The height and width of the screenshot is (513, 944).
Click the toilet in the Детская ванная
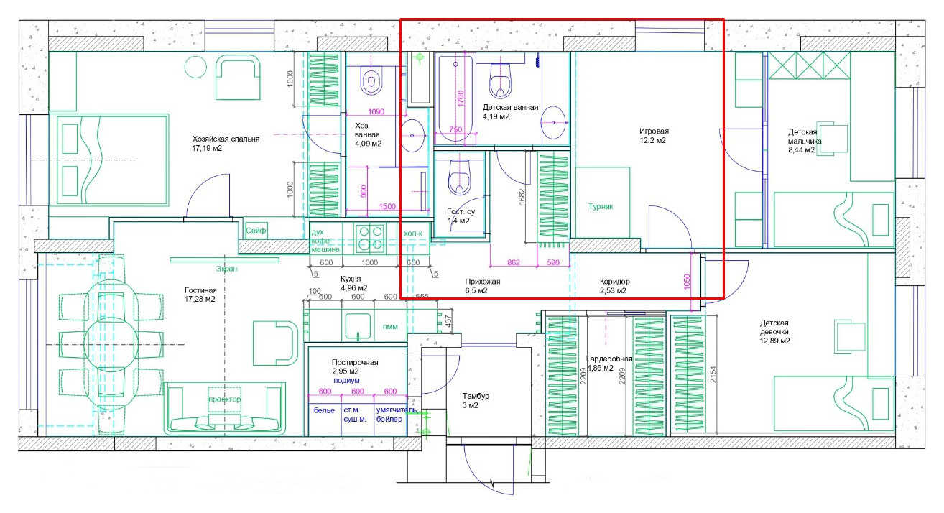point(501,80)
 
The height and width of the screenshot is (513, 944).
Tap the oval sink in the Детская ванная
point(553,123)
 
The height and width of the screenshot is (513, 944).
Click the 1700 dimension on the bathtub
point(461,98)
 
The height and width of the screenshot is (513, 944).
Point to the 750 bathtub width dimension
point(455,130)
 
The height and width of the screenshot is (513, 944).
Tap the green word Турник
point(601,206)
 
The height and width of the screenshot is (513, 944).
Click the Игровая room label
point(654,131)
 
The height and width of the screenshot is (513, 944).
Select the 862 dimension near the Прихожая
point(514,262)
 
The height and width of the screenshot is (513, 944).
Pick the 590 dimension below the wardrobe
point(553,262)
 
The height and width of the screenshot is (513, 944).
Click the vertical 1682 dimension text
point(522,197)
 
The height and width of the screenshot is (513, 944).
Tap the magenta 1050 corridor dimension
point(687,282)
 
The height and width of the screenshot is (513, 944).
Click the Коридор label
point(615,282)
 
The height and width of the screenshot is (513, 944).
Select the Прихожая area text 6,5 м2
point(476,291)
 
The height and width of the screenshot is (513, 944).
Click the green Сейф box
point(256,230)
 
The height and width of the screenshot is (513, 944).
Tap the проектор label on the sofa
point(225,399)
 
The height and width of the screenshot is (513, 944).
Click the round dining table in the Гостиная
point(111,345)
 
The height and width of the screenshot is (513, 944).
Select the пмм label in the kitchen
point(390,327)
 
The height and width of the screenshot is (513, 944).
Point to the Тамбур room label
point(476,396)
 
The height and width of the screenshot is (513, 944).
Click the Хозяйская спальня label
point(226,139)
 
